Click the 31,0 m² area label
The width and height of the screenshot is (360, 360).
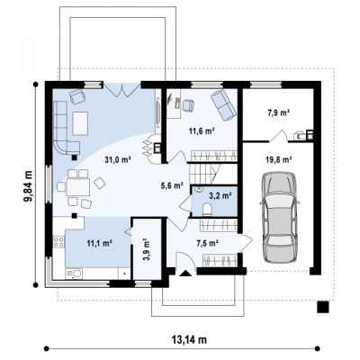[x=119, y=159]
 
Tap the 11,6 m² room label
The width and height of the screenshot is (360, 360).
[x=201, y=130]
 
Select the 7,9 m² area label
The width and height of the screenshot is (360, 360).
[x=278, y=113]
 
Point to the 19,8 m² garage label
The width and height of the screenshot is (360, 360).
[x=279, y=160]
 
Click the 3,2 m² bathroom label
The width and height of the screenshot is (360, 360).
[x=220, y=196]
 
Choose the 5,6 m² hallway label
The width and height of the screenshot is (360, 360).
[x=172, y=186]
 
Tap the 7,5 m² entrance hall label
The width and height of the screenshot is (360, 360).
[x=207, y=243]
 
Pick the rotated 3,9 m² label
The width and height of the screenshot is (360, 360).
[x=147, y=250]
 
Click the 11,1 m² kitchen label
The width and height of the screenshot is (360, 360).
[x=99, y=243]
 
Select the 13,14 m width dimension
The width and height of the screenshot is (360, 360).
[x=189, y=339]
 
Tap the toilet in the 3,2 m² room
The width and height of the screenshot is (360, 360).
[x=207, y=210]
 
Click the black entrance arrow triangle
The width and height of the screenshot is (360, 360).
[x=185, y=273]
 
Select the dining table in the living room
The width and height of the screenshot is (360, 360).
[x=78, y=187]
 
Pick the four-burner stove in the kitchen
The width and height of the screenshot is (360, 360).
[x=58, y=242]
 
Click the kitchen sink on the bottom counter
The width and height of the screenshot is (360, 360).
[x=74, y=274]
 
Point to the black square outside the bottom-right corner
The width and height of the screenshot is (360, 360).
[x=323, y=307]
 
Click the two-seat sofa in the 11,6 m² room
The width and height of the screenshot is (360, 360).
[x=223, y=104]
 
